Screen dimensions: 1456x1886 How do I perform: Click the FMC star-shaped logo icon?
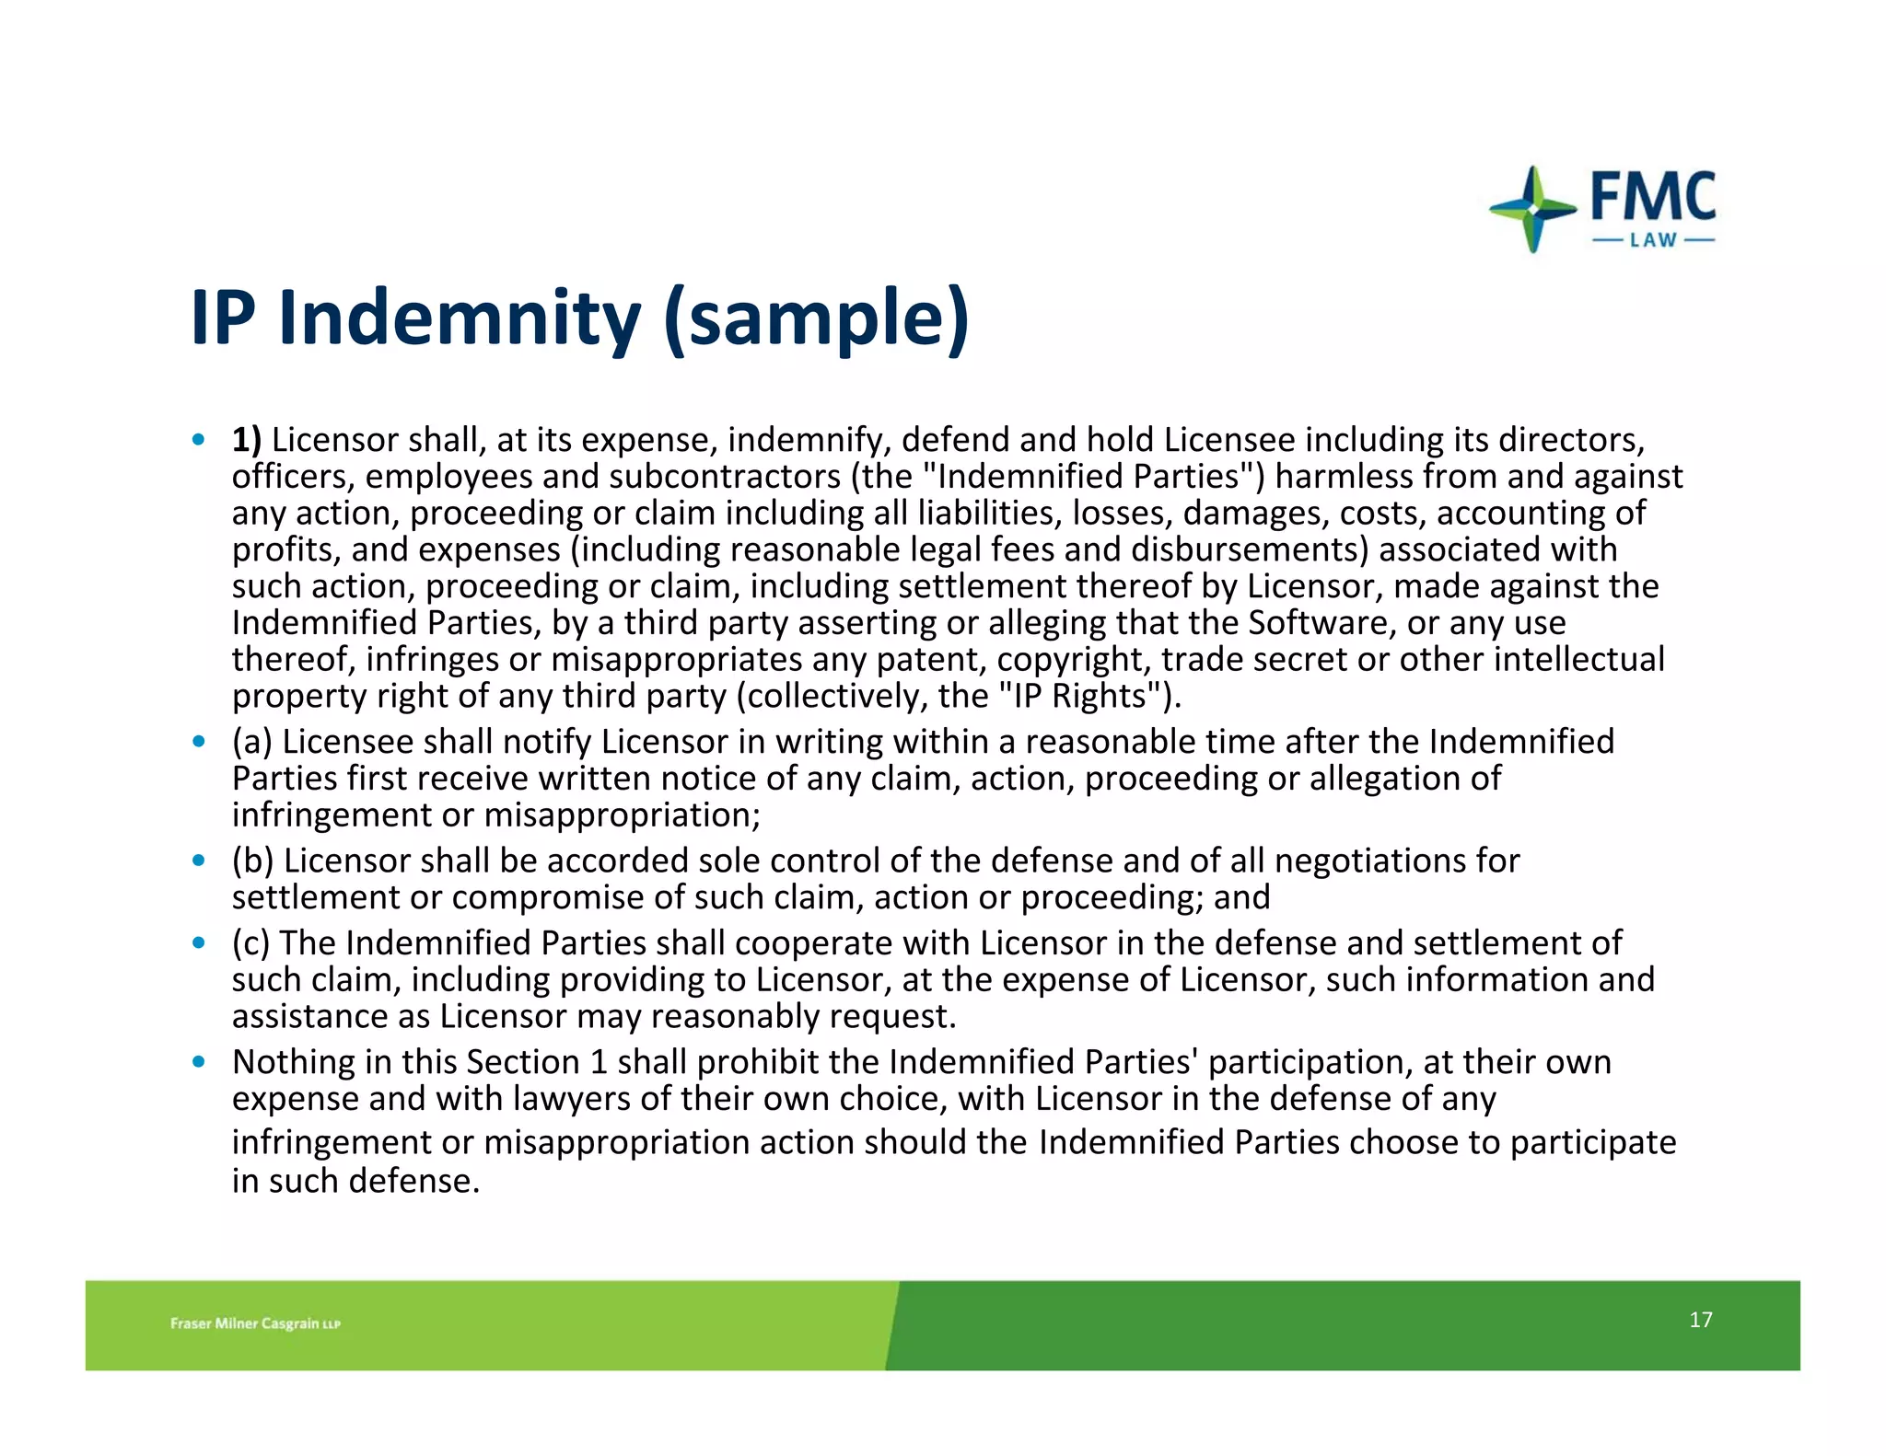pyautogui.click(x=1532, y=209)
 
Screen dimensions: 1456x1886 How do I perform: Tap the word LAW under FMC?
pyautogui.click(x=1653, y=241)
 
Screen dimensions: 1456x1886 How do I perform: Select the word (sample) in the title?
pyautogui.click(x=816, y=318)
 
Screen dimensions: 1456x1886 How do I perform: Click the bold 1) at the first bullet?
pyautogui.click(x=246, y=440)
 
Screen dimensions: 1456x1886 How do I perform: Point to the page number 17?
pyautogui.click(x=1700, y=1320)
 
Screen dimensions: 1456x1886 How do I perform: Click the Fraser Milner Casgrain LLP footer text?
pyautogui.click(x=255, y=1323)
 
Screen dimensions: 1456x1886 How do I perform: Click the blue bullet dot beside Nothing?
pyautogui.click(x=198, y=1062)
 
